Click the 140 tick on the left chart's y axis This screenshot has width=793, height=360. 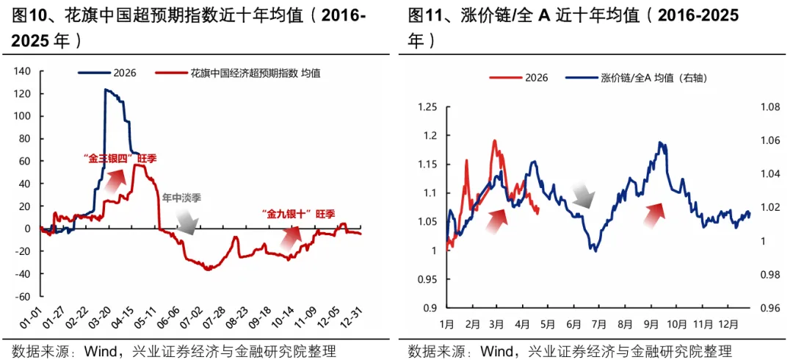(x=23, y=71)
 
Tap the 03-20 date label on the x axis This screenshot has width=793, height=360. (x=116, y=321)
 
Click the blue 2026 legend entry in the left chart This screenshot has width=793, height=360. (x=110, y=73)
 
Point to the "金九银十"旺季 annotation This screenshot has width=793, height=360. (x=298, y=214)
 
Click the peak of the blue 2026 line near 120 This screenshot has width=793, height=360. (x=106, y=90)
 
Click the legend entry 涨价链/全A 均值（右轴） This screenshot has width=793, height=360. (x=639, y=77)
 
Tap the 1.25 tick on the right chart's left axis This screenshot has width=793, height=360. (x=427, y=108)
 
